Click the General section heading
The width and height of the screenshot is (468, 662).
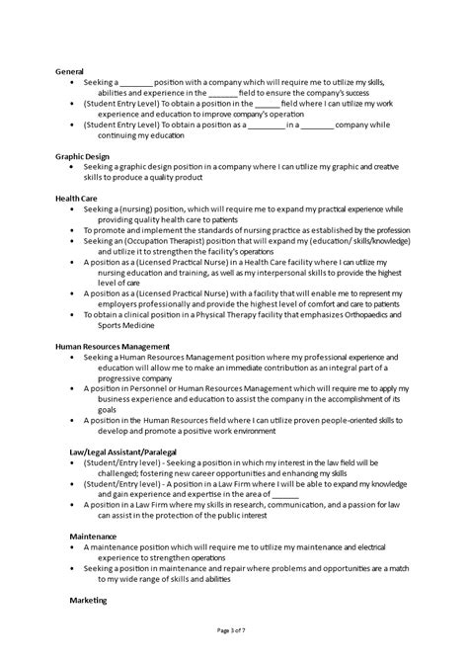coord(70,71)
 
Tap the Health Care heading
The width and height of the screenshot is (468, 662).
coord(78,198)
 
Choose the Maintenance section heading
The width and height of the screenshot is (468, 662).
coord(93,535)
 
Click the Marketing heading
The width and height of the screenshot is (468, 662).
coord(90,599)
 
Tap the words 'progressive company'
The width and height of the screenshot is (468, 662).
coord(124,377)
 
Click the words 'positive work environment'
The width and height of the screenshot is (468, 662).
coord(195,430)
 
